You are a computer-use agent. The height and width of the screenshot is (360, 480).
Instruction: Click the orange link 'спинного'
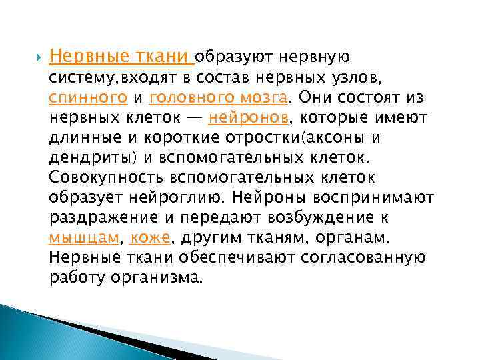click(x=89, y=98)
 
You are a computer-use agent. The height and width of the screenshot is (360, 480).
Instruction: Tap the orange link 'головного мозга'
click(x=220, y=98)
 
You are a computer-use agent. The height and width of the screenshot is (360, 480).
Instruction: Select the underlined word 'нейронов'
click(x=249, y=119)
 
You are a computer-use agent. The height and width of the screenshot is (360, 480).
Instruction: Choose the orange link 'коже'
click(x=151, y=238)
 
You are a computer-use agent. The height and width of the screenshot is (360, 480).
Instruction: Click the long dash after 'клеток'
click(x=194, y=119)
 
